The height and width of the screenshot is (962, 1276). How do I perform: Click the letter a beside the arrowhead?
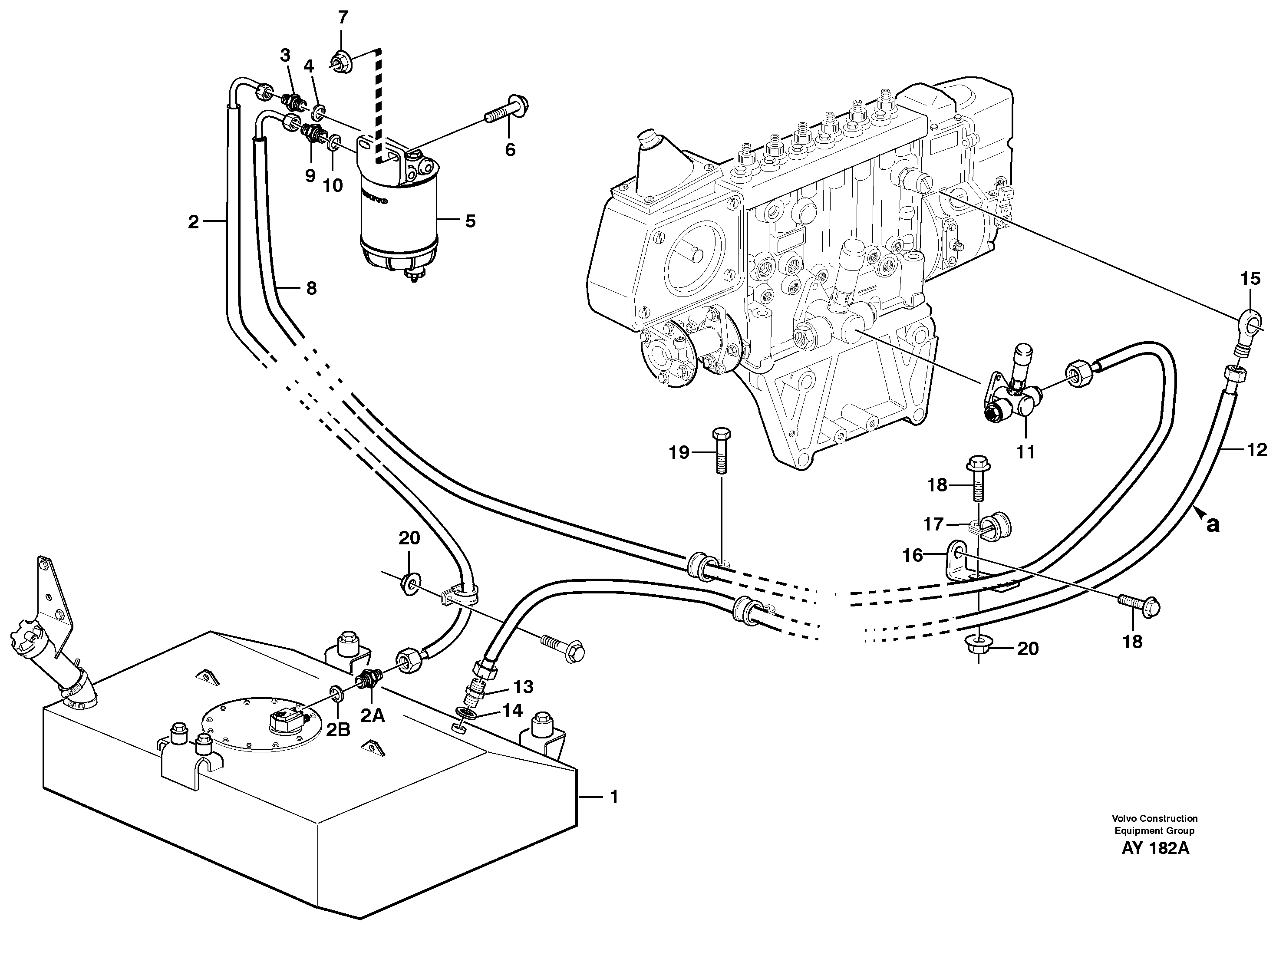[1213, 525]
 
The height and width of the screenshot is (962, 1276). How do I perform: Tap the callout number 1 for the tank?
[614, 797]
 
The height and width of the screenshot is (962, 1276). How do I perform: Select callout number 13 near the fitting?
[523, 686]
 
